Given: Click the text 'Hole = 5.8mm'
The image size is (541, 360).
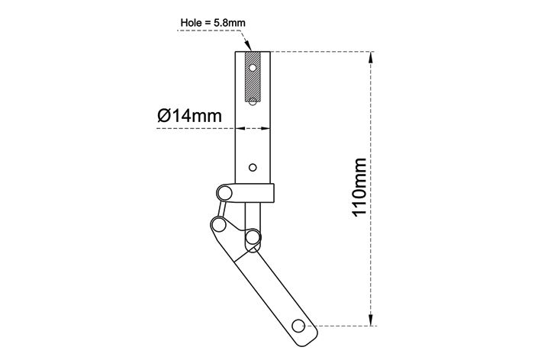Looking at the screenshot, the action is click(x=213, y=23).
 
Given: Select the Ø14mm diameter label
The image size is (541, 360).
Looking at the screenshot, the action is click(x=189, y=115).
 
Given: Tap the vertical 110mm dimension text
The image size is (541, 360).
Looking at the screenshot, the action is click(x=359, y=187).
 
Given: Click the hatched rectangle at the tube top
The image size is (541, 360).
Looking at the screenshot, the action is click(x=253, y=76).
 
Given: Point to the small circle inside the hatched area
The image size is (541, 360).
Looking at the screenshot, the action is click(x=253, y=68).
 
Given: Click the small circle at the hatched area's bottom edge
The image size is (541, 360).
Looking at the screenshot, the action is click(x=253, y=101).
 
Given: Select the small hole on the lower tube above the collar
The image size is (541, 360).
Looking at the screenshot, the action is click(x=253, y=168).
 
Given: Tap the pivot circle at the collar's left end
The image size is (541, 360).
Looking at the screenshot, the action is click(x=225, y=193).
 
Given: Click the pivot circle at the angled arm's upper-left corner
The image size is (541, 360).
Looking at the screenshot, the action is click(x=219, y=225).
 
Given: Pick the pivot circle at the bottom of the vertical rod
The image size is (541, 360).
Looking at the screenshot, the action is click(x=253, y=237).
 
